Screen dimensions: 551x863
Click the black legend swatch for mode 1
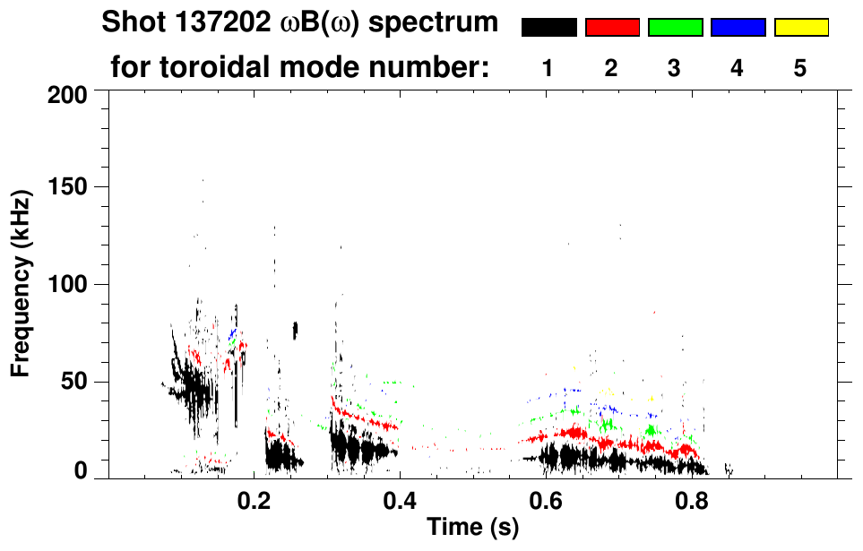pos(548,28)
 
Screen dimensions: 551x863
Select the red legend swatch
pos(612,28)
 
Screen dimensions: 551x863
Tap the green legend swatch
pos(675,28)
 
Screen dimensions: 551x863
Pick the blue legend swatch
pos(738,28)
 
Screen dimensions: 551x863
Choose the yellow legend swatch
pos(800,28)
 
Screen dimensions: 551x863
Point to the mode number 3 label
pos(675,68)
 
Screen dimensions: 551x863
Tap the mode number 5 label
pos(800,68)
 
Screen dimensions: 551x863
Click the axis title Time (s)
pos(471,529)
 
